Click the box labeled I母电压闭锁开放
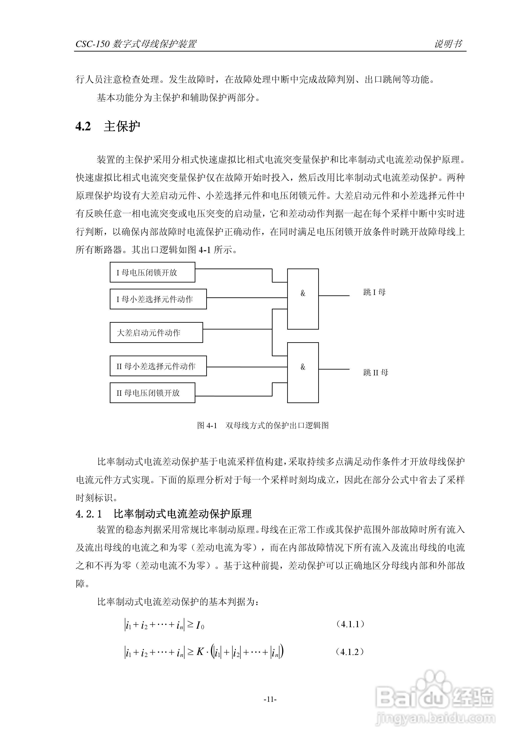pos(152,272)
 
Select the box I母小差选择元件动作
pos(158,299)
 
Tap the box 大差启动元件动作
pos(156,333)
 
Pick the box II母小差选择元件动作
pos(158,366)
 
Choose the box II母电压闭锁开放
pos(152,393)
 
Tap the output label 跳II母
pos(376,372)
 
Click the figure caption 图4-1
pos(207,426)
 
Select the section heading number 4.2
pos(83,126)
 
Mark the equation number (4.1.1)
pos(350,624)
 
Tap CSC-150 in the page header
pos(92,44)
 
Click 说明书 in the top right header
pos(448,44)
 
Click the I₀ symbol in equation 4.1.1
pos(200,625)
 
